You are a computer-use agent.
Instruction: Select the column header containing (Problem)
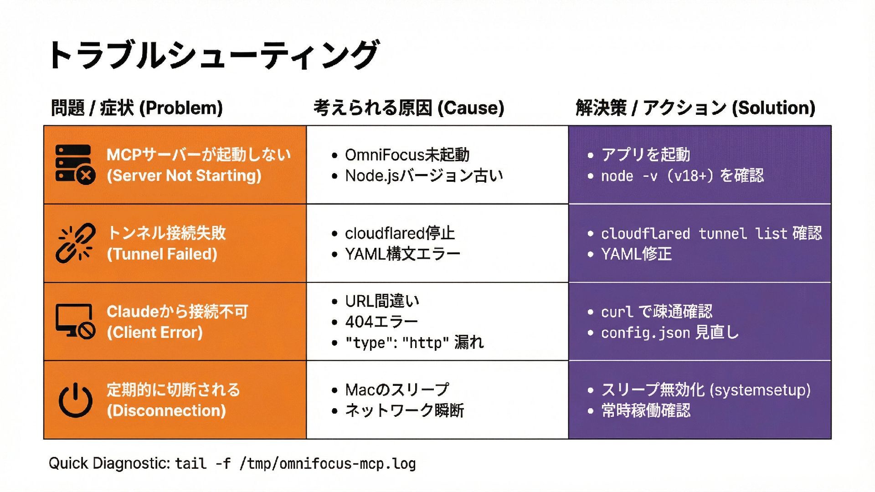click(137, 108)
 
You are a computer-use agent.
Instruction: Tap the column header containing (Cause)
click(409, 108)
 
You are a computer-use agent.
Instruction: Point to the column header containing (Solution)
click(695, 108)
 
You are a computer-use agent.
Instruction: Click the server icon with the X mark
click(75, 164)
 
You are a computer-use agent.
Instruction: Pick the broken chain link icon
click(76, 243)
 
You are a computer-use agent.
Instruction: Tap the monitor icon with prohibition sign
click(75, 321)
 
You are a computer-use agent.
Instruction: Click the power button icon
click(76, 400)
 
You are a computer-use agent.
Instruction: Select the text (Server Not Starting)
click(184, 176)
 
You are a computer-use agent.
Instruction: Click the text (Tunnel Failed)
click(162, 254)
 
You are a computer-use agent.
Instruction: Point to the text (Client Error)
click(154, 333)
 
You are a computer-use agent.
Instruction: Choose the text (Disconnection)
click(166, 411)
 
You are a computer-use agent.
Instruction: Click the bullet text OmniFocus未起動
click(407, 155)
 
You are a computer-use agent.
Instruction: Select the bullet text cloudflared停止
click(400, 233)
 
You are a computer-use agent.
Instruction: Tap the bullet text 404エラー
click(381, 322)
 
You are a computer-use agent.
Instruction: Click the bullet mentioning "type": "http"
click(414, 343)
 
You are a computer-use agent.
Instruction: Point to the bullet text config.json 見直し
click(669, 333)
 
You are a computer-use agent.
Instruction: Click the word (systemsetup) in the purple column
click(760, 390)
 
